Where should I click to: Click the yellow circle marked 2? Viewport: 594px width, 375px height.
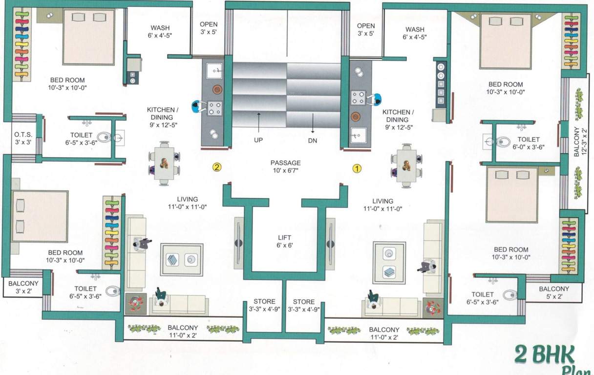(217, 167)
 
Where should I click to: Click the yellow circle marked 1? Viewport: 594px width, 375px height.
(357, 168)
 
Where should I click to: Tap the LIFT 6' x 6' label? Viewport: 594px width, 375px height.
(285, 242)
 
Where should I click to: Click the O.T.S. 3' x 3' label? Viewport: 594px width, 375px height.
(23, 138)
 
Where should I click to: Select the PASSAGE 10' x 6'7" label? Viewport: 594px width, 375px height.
(285, 167)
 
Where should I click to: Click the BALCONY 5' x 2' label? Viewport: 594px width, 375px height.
(553, 292)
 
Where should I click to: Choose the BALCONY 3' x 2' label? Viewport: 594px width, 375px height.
(23, 287)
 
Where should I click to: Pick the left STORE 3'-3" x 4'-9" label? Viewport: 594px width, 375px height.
(264, 305)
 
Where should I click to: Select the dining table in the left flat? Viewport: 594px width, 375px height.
(164, 163)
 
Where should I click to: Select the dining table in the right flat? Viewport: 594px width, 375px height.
(406, 165)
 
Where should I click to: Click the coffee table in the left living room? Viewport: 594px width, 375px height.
(182, 259)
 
